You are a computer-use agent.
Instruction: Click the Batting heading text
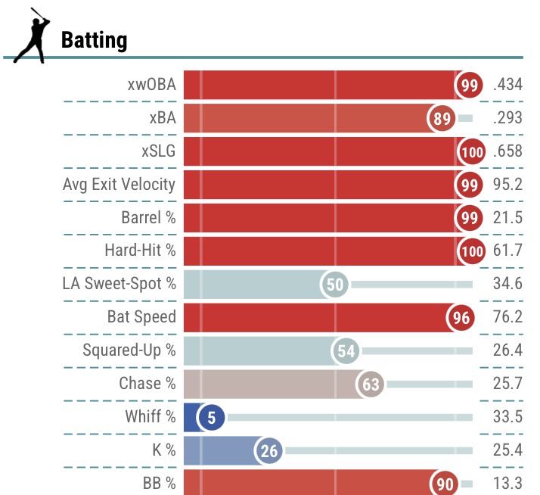point(94,40)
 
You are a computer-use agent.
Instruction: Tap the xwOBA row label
point(151,85)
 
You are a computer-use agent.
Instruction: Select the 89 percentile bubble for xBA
point(442,119)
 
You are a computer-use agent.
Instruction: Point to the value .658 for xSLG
point(507,151)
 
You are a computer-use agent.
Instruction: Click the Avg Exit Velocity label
point(119,184)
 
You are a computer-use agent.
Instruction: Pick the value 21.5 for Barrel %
point(507,218)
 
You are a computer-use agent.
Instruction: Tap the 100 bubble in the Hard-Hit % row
point(472,251)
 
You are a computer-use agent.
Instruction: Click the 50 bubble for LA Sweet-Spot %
point(336,285)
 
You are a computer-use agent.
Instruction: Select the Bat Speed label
point(141,317)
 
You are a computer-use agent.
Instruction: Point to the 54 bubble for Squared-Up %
point(346,351)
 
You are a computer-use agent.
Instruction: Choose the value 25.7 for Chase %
point(507,384)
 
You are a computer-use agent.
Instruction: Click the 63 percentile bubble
point(371,384)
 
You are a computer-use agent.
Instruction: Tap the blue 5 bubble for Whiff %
point(212,418)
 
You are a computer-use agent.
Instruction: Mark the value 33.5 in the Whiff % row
point(507,417)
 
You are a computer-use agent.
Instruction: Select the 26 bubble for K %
point(269,452)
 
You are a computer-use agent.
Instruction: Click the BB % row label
point(159,484)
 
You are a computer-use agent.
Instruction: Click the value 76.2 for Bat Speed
point(507,317)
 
